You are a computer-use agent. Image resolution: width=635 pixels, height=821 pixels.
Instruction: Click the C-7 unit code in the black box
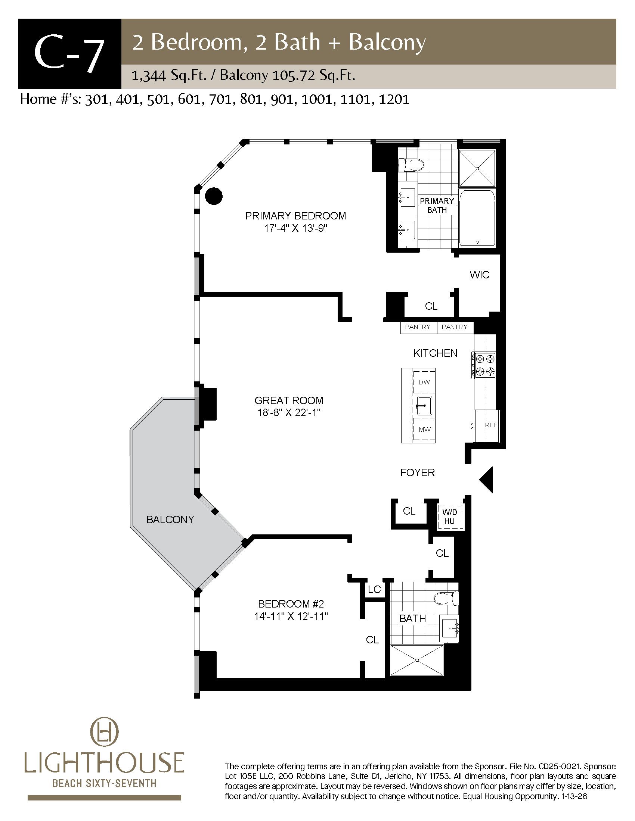click(x=69, y=53)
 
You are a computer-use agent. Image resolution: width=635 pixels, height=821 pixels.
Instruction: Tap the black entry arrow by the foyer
click(x=486, y=480)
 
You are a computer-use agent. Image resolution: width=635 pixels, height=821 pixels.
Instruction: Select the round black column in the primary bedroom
click(x=214, y=196)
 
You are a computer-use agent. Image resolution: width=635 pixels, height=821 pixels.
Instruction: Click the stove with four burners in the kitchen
click(x=484, y=365)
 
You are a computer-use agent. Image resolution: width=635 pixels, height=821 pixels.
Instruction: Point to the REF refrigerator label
click(x=491, y=425)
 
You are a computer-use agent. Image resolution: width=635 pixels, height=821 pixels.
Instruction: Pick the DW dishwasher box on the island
click(x=424, y=382)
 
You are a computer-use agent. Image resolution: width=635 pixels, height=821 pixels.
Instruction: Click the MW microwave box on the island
click(x=424, y=429)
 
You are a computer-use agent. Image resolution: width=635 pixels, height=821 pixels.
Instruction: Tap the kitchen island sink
click(x=424, y=406)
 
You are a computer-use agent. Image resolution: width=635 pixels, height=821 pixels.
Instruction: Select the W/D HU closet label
click(x=449, y=517)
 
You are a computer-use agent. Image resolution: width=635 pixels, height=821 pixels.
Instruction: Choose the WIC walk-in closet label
click(x=480, y=275)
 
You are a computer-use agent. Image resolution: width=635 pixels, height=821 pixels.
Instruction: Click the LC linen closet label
click(x=375, y=589)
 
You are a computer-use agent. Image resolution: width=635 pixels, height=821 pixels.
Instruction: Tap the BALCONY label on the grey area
click(x=170, y=519)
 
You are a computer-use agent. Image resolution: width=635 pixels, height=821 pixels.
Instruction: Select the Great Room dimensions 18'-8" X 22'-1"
click(x=289, y=413)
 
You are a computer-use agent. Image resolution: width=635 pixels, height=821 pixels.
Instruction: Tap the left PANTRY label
click(x=418, y=327)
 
